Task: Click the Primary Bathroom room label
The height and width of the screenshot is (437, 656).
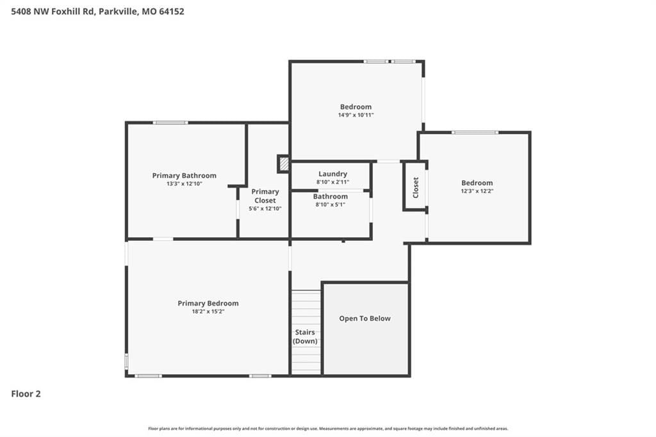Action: [x=184, y=176]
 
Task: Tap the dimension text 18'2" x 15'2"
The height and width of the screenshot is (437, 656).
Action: [x=208, y=311]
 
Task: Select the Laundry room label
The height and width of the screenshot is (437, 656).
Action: [x=332, y=174]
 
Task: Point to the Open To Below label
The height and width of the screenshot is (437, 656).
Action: [x=365, y=318]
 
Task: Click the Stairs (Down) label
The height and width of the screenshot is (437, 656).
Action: [x=305, y=336]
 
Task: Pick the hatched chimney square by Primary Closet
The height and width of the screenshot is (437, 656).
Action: [x=284, y=163]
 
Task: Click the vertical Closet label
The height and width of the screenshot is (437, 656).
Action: [x=415, y=188]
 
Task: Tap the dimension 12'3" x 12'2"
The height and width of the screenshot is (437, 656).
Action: [x=477, y=191]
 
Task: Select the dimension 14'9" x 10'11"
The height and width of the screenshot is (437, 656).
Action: [x=356, y=115]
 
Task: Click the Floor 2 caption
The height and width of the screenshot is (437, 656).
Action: [x=26, y=393]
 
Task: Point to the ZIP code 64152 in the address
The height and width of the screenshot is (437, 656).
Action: [x=172, y=12]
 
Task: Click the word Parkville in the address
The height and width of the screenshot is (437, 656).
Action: [x=118, y=12]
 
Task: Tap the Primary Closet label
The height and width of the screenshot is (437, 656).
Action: [x=265, y=196]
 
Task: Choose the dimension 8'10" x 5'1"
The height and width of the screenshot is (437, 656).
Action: [x=331, y=204]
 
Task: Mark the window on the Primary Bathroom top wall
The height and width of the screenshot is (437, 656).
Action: [x=170, y=122]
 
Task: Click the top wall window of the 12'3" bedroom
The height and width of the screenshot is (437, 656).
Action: [x=475, y=132]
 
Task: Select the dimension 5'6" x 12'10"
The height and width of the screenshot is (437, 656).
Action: [x=265, y=208]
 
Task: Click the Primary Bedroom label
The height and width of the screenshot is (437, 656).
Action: [x=208, y=303]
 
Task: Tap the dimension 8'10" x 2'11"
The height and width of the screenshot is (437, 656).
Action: [x=332, y=182]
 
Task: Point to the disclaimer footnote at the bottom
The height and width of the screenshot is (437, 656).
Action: [x=328, y=429]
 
